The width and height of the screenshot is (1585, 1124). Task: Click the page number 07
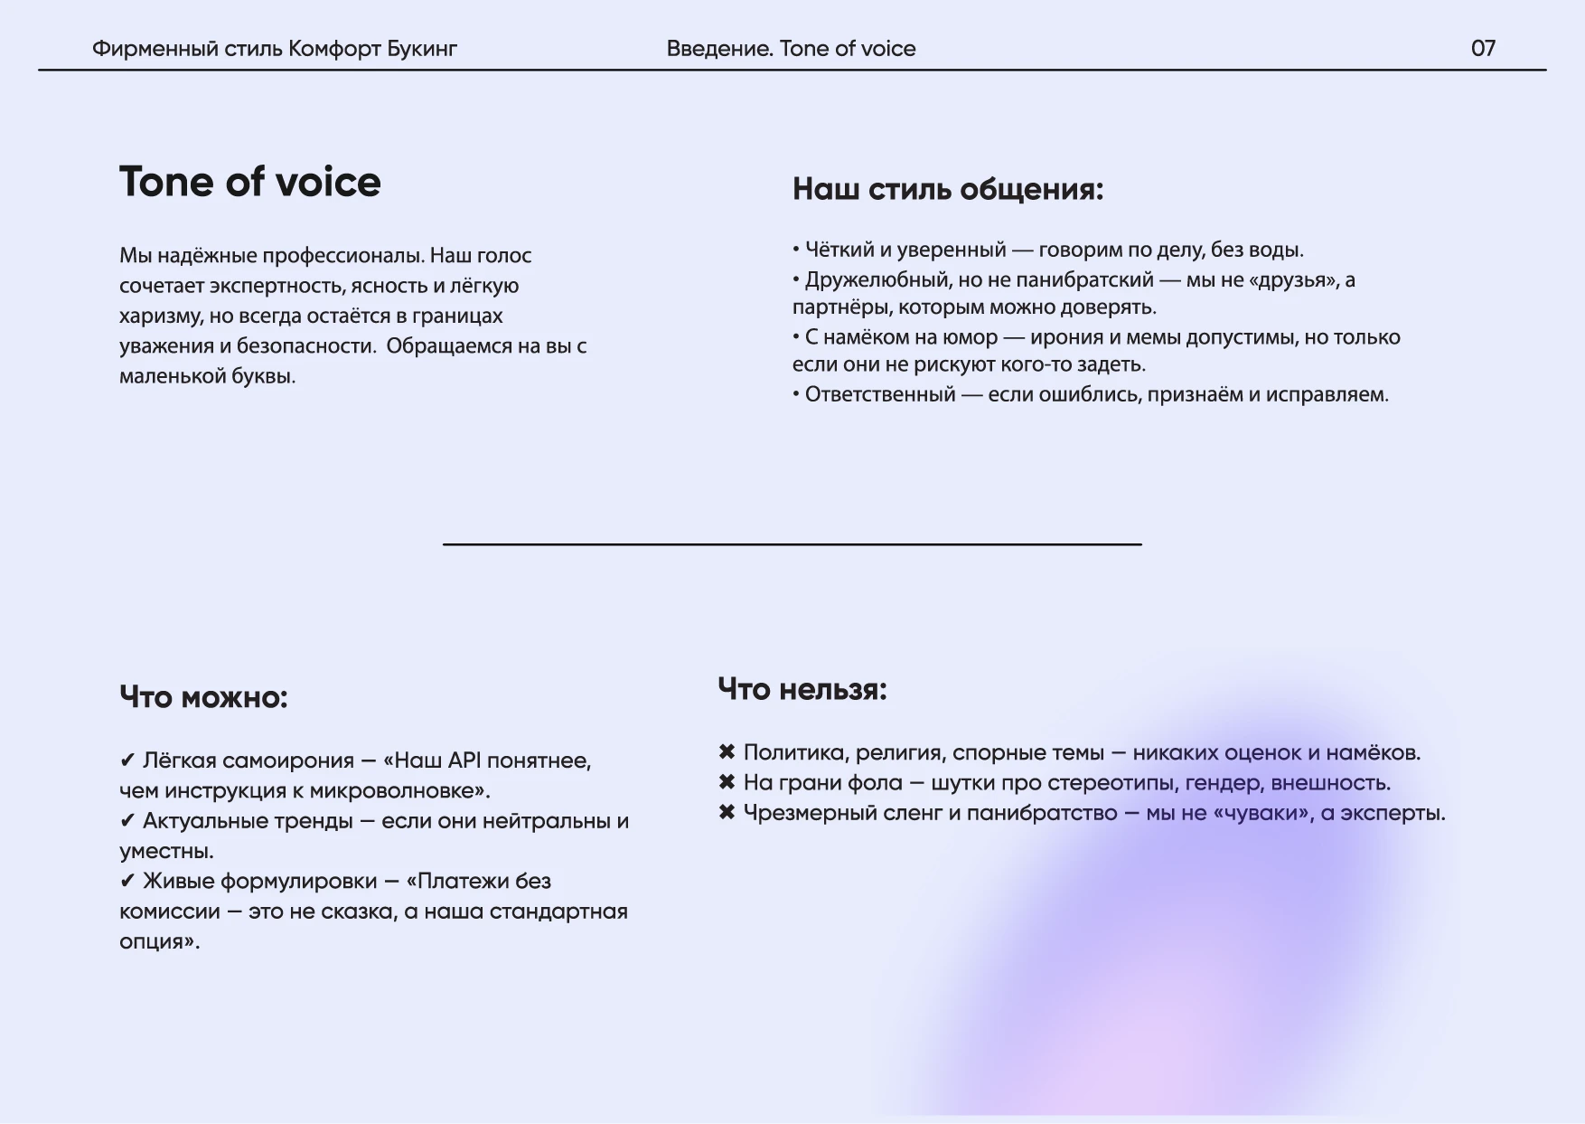click(x=1483, y=48)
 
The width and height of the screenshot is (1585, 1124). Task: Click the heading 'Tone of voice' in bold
click(x=250, y=182)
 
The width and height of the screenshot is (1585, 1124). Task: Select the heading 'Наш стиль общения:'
click(x=948, y=189)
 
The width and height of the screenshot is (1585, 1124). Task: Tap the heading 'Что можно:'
click(x=203, y=697)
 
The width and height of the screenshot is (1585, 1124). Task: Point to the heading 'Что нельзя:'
click(x=802, y=689)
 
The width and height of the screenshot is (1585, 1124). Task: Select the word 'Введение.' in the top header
click(x=719, y=48)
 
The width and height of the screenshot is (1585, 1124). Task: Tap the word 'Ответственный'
click(x=879, y=394)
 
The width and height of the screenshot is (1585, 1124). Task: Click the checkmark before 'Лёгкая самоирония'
click(x=127, y=760)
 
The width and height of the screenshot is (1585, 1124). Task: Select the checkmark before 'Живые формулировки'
click(x=127, y=881)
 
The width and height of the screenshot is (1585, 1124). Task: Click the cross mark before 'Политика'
click(x=727, y=752)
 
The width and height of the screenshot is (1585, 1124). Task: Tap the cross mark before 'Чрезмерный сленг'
click(x=727, y=812)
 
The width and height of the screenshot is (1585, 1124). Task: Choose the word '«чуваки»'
click(x=1262, y=812)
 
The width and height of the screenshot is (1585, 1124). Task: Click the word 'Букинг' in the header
click(x=422, y=48)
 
